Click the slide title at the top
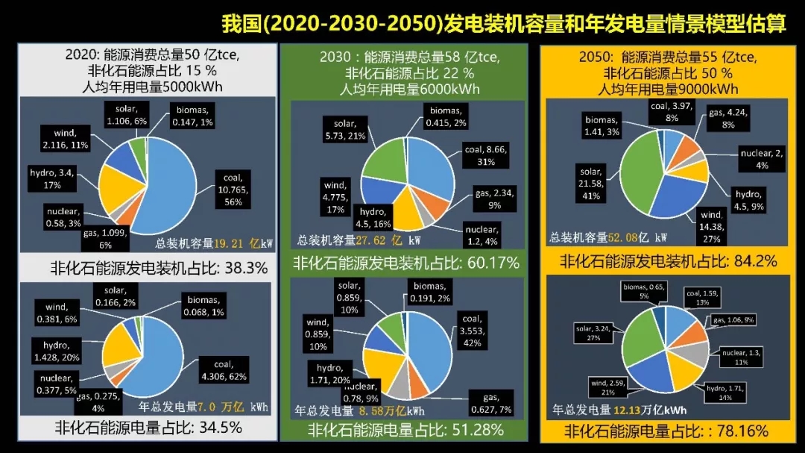coord(504,23)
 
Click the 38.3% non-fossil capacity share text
coord(160,267)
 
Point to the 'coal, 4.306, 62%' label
coord(223,371)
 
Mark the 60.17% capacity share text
coord(406,263)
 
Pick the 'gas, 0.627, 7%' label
coord(490,403)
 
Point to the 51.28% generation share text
coord(406,430)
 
